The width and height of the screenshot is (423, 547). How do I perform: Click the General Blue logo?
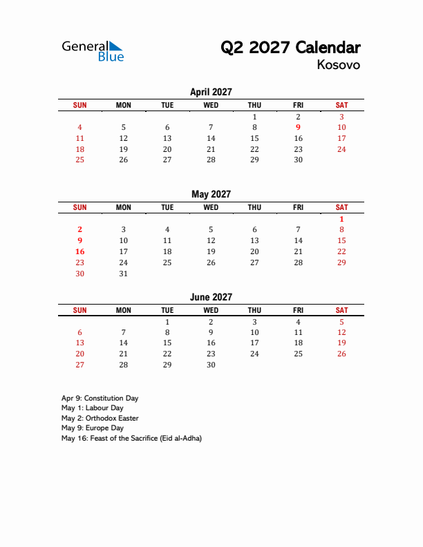tap(93, 50)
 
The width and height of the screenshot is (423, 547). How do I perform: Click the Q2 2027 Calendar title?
tap(290, 48)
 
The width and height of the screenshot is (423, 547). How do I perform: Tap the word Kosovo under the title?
tap(338, 65)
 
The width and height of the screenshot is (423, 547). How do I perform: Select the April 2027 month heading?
tap(211, 92)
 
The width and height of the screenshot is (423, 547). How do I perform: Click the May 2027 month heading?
tap(211, 194)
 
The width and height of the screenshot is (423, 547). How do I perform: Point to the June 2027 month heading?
tap(211, 297)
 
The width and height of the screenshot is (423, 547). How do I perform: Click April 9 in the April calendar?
tap(298, 127)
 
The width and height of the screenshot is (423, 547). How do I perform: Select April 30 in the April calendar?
tap(298, 160)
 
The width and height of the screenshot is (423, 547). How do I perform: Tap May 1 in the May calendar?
tap(341, 219)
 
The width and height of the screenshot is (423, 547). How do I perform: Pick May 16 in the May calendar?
tap(80, 251)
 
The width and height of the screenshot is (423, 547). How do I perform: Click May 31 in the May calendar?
tap(124, 273)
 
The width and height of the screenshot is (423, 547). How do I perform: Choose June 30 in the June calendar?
tap(211, 365)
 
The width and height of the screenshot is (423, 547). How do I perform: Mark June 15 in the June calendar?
tap(167, 343)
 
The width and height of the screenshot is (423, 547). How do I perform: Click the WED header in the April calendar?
tap(211, 105)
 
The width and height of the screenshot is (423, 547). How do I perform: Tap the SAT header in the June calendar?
tap(341, 311)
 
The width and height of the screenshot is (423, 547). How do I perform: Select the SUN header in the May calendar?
tap(80, 207)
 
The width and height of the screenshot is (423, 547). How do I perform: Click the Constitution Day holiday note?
tap(100, 399)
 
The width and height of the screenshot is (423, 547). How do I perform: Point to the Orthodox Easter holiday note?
tap(100, 419)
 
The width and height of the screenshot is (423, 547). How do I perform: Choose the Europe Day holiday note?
tap(92, 428)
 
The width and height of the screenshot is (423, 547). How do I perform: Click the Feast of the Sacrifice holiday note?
tap(131, 439)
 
